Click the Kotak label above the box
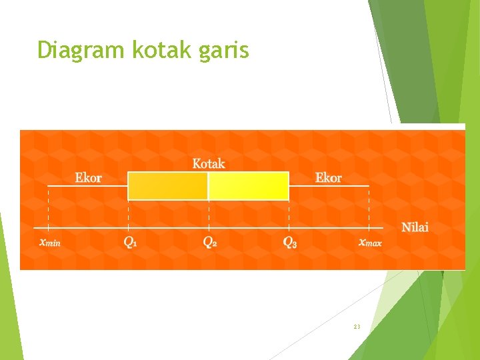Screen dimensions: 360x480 [209, 163]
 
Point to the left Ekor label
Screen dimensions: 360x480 [88, 178]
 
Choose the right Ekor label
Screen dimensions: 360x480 [328, 178]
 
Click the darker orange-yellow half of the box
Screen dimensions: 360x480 [167, 186]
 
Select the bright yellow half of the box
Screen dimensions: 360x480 [249, 186]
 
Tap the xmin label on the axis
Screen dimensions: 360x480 [49, 242]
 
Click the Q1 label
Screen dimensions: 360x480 [130, 242]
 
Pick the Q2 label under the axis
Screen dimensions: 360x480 [209, 242]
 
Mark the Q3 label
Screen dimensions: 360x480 [290, 242]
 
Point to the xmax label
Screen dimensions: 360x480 [370, 242]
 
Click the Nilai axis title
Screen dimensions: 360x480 [415, 227]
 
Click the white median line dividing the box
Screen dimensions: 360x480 [208, 186]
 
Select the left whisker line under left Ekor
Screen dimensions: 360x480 [87, 186]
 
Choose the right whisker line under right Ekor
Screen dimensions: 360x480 [329, 186]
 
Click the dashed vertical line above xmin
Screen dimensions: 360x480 [48, 207]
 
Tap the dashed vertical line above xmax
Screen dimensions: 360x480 [369, 207]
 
